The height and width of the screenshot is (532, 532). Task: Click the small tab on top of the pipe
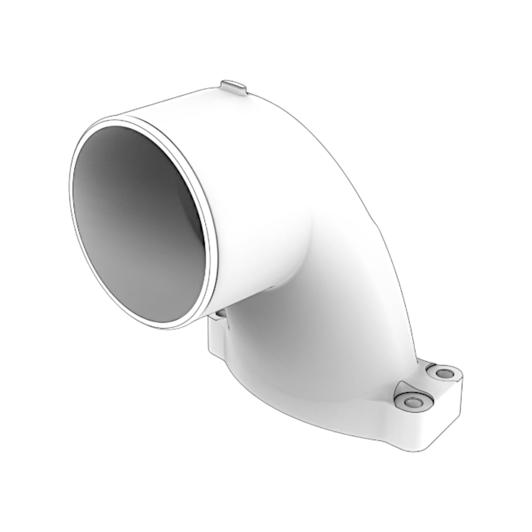pyautogui.click(x=234, y=88)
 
